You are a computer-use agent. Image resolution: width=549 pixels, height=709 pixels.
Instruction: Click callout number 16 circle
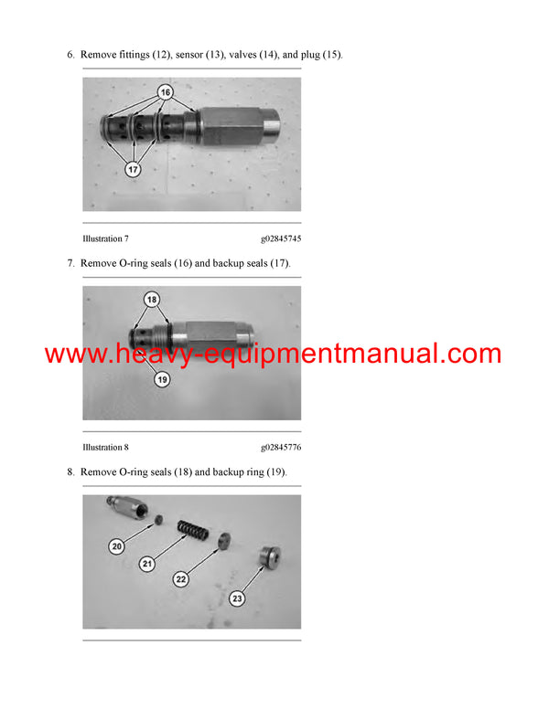[x=166, y=92]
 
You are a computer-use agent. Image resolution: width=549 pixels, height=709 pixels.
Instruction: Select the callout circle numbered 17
[x=133, y=170]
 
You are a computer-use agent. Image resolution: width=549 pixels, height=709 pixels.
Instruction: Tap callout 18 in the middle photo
[x=152, y=300]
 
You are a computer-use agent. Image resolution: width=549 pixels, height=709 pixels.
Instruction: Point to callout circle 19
[x=162, y=379]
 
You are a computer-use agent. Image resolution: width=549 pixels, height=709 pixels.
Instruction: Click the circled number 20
[x=117, y=546]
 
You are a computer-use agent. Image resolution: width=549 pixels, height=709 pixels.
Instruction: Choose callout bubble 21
[x=147, y=564]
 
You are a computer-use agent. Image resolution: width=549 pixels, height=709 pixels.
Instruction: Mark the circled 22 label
[x=181, y=579]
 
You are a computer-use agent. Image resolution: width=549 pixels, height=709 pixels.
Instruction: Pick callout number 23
[x=237, y=598]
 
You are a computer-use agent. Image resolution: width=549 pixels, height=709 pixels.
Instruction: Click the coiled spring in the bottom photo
[x=193, y=530]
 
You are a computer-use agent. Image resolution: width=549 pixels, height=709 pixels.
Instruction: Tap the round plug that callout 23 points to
[x=270, y=557]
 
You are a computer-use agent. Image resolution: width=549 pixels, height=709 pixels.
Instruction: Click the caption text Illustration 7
[x=105, y=238]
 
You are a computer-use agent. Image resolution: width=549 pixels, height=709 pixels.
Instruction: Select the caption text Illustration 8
[x=105, y=447]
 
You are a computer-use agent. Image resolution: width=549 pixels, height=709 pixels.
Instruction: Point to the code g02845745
[x=281, y=238]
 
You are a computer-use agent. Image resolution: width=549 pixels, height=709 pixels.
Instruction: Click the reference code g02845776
[x=281, y=447]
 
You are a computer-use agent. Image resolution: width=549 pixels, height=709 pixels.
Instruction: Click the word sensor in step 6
[x=188, y=55]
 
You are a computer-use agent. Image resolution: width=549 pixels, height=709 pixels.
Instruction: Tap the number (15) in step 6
[x=332, y=55]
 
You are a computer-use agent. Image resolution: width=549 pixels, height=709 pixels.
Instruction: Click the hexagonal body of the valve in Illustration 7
[x=231, y=126]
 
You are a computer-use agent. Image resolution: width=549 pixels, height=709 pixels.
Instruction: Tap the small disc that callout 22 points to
[x=224, y=540]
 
